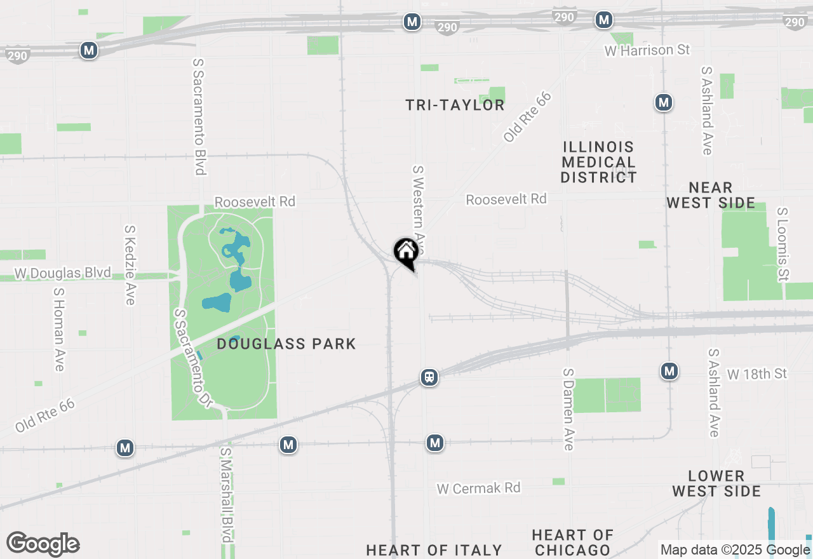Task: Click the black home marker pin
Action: [406, 252]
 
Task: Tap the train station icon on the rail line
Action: [429, 377]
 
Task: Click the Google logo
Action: [43, 544]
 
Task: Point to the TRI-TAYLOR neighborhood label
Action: [455, 105]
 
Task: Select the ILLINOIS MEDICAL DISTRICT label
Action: [598, 162]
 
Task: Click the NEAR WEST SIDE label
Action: [711, 196]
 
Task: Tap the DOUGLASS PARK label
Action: [286, 344]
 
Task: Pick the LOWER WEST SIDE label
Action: [716, 483]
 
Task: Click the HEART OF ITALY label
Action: [434, 550]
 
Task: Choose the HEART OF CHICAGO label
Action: [572, 542]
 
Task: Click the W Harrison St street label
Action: [647, 50]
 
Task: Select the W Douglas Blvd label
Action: [63, 274]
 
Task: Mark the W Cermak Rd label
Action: [478, 488]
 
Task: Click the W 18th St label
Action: [757, 374]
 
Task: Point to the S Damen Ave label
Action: [568, 409]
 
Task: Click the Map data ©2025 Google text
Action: [735, 550]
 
